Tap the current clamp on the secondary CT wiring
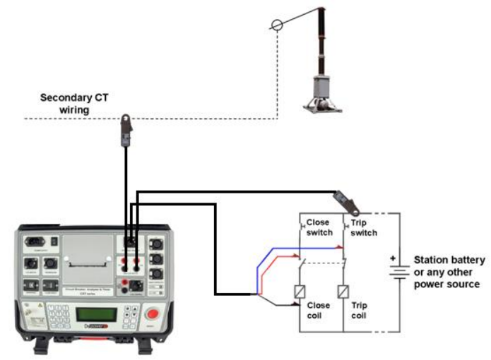click(x=126, y=129)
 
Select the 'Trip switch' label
click(x=363, y=227)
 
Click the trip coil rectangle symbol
click(x=344, y=292)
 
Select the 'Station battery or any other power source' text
click(x=449, y=272)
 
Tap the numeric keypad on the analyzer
click(x=58, y=315)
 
